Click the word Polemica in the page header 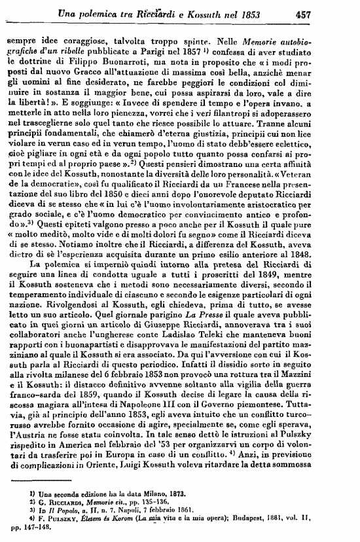pos(113,11)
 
